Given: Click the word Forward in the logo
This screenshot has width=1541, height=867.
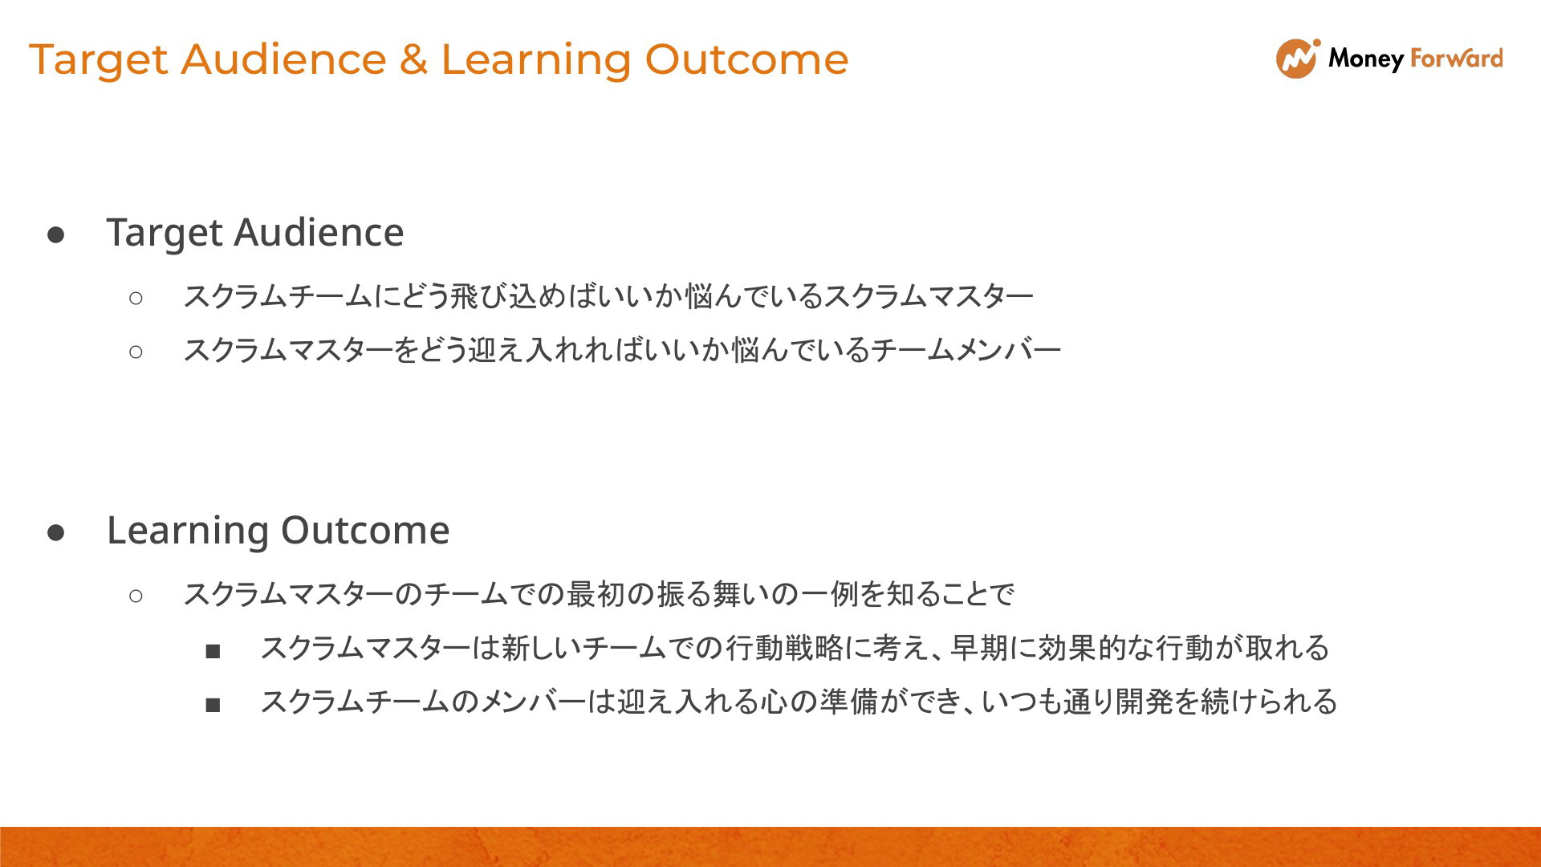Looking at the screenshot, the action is coord(1457,58).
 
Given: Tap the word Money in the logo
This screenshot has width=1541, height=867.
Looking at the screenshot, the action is coord(1365,59).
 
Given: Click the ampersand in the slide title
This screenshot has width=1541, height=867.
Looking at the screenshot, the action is coord(413,59).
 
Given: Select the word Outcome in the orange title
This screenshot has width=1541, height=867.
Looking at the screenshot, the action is coord(746,59).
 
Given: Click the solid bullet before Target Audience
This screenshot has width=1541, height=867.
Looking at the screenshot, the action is coord(56,234).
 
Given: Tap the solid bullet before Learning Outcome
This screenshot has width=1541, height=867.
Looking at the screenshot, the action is coord(56,532).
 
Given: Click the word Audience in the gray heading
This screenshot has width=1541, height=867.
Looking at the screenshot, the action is coord(319,232).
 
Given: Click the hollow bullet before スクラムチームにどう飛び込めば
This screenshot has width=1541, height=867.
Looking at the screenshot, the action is coord(136,298).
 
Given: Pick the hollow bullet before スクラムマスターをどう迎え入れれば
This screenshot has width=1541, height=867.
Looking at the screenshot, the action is coord(136,352).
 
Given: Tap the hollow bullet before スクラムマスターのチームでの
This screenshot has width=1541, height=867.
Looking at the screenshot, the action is coord(136,596).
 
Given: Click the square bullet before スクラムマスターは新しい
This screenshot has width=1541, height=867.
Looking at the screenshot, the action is coord(213,651).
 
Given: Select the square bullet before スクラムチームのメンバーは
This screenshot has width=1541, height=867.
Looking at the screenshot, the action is coord(213,705).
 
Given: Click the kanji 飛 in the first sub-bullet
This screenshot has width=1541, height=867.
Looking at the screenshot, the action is coord(464,296).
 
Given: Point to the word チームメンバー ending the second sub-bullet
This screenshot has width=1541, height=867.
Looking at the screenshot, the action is coord(966,350).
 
